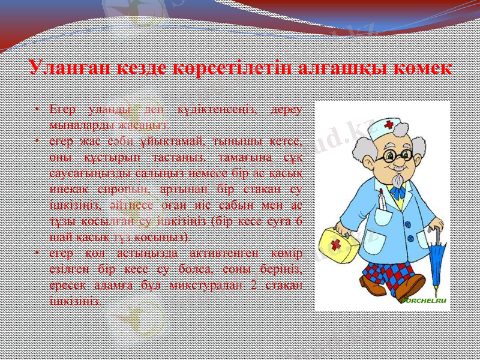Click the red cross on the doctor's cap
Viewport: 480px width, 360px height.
click(389, 125)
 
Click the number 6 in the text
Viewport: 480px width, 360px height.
click(298, 221)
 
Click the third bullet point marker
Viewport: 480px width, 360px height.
click(37, 254)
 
